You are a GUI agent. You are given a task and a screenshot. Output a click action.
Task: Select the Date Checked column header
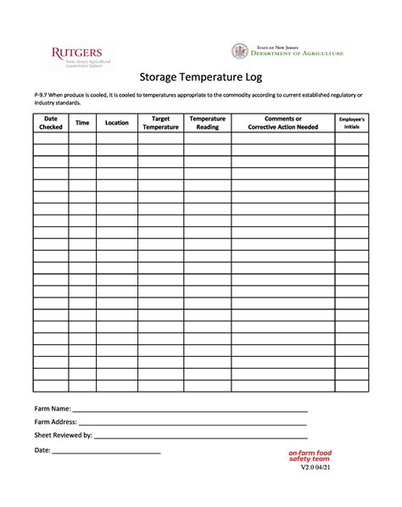(51, 123)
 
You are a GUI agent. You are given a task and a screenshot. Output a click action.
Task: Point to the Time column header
(82, 123)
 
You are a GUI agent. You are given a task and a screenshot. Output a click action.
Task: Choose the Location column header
(117, 123)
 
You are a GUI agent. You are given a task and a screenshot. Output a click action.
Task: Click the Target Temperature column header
(160, 123)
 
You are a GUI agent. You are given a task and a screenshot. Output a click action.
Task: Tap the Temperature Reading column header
(207, 123)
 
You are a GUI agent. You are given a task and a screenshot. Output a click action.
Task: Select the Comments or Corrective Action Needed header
(282, 123)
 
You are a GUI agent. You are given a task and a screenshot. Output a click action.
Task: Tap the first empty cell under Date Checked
(51, 138)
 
